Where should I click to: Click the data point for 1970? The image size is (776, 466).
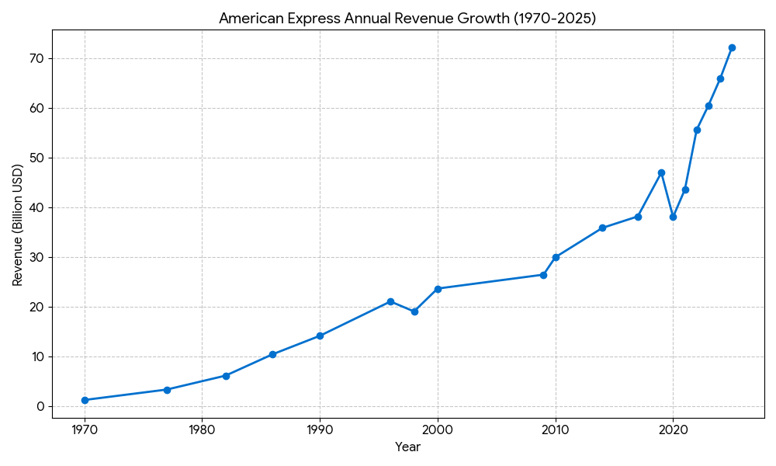point(85,400)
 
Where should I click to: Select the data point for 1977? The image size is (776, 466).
point(167,390)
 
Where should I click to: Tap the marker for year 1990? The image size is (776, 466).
point(320,336)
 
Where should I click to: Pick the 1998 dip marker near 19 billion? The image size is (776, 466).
point(414,311)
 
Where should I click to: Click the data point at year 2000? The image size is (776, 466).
point(438,289)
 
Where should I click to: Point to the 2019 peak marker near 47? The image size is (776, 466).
point(661,172)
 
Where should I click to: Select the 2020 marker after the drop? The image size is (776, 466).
point(673,217)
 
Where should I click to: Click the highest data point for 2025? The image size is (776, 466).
point(732,47)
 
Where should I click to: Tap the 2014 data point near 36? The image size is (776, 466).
point(602,228)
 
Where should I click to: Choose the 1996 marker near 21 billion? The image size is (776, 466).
point(390,301)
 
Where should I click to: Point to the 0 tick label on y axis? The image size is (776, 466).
point(41,406)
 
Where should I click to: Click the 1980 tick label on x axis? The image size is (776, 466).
point(202,429)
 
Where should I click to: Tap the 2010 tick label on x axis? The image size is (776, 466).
point(555,429)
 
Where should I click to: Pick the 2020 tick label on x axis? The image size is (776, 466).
point(673,429)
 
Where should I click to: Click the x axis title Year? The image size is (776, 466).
point(408,447)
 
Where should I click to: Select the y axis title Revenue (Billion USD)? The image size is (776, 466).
point(18,224)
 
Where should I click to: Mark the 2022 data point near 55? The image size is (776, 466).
point(697,130)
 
